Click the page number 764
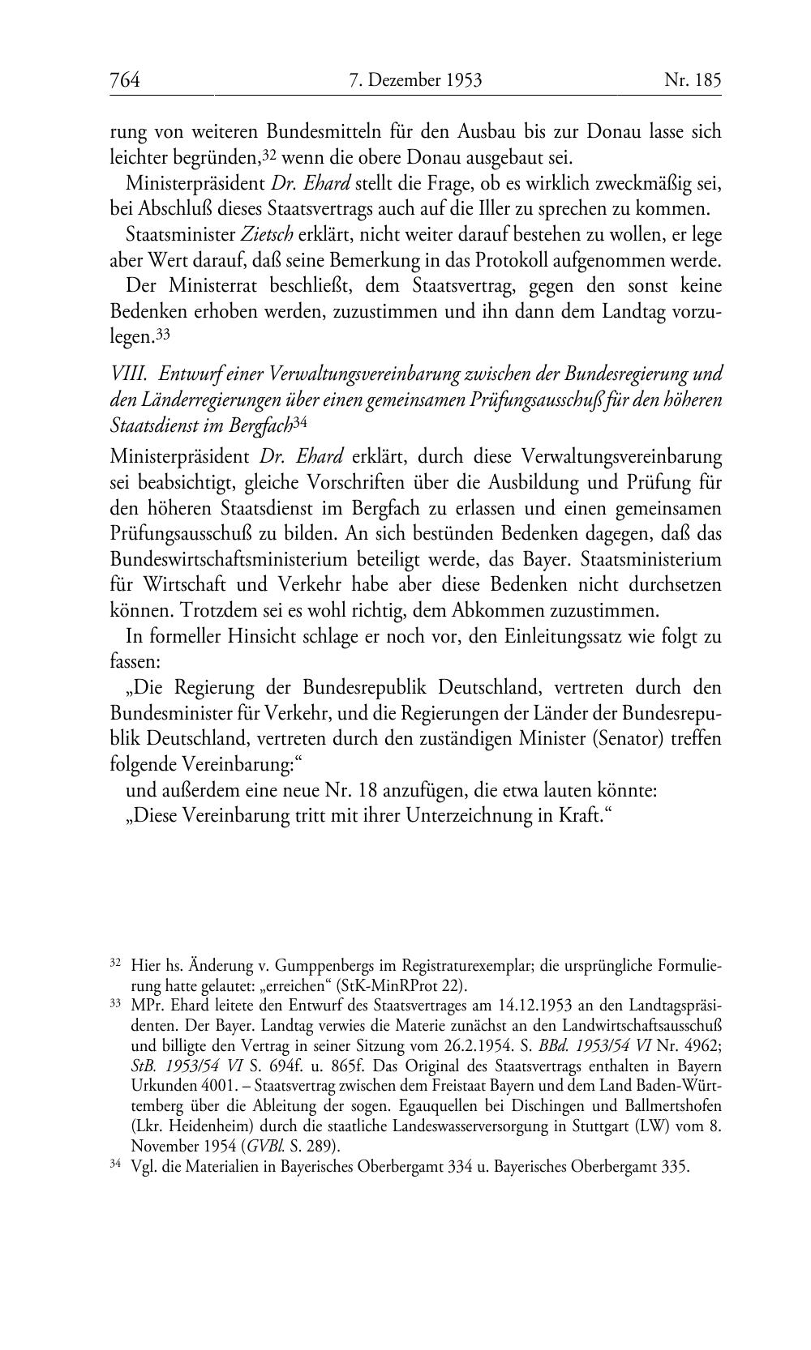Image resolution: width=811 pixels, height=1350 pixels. (x=125, y=80)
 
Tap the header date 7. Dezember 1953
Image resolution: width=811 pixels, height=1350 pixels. (x=415, y=80)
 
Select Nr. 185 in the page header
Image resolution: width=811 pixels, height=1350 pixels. (x=692, y=80)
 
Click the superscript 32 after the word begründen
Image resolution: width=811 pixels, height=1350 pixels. (x=268, y=152)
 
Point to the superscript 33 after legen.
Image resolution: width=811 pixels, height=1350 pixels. (x=162, y=332)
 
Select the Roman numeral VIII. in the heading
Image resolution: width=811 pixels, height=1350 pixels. (x=130, y=374)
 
